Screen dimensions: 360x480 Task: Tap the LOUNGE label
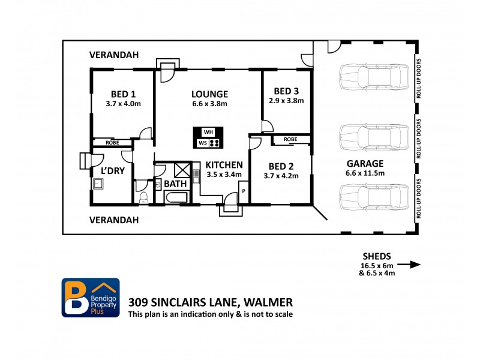[x=209, y=94]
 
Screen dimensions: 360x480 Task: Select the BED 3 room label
[x=286, y=91]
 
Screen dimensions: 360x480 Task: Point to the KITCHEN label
[x=224, y=165]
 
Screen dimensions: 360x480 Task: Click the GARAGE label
[x=365, y=163]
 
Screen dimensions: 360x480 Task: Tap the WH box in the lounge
[x=208, y=132]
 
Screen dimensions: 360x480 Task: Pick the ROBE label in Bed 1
[x=112, y=143]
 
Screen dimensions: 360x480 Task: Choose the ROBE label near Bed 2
[x=290, y=139]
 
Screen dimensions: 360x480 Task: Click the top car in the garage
[x=370, y=77]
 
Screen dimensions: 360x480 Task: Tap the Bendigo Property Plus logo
[x=91, y=298]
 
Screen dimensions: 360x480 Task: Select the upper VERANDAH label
[x=114, y=55]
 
